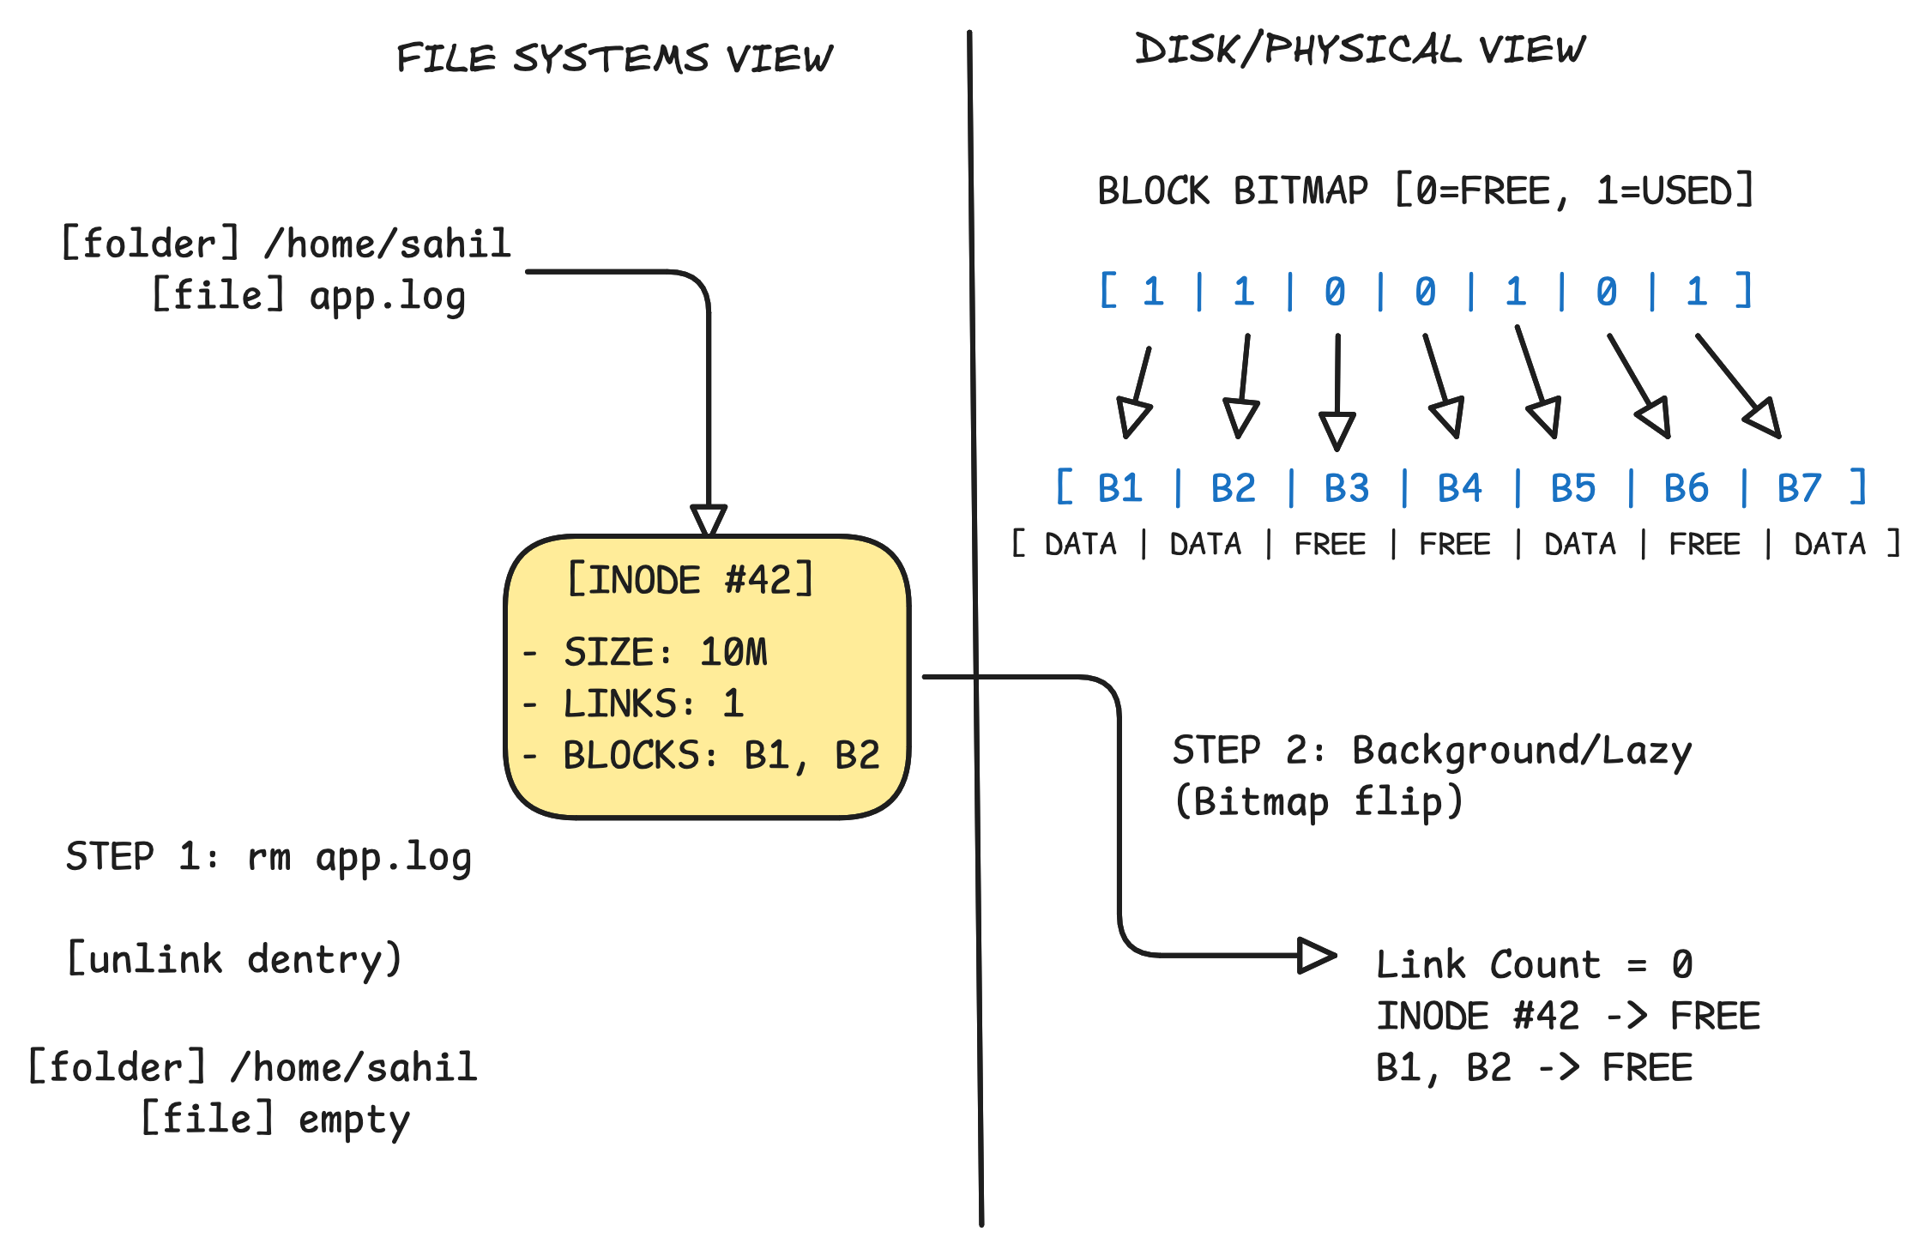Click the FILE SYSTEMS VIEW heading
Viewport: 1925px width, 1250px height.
(x=614, y=58)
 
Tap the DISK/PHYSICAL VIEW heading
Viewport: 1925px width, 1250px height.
(x=1361, y=49)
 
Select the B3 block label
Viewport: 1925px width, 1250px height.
(x=1346, y=488)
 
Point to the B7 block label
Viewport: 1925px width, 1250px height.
(x=1799, y=488)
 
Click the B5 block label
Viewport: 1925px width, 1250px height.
(x=1572, y=488)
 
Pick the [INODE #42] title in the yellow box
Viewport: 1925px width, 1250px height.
(x=691, y=579)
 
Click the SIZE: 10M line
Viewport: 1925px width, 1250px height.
(x=665, y=652)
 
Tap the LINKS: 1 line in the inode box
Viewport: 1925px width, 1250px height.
(x=653, y=704)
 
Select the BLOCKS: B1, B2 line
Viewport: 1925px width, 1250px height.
(x=721, y=756)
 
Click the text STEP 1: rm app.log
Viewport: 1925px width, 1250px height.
(x=269, y=857)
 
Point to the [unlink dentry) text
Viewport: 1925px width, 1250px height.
(x=234, y=959)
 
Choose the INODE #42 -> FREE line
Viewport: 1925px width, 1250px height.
(x=1568, y=1016)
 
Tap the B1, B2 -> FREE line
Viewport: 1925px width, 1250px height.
(x=1535, y=1068)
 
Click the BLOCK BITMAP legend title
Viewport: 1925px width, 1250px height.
(x=1426, y=190)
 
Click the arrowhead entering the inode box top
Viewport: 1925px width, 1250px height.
(x=709, y=520)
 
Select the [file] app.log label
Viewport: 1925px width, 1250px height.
(x=309, y=296)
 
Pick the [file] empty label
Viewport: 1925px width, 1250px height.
(x=275, y=1120)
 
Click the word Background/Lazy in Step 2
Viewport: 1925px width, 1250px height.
(x=1522, y=752)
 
